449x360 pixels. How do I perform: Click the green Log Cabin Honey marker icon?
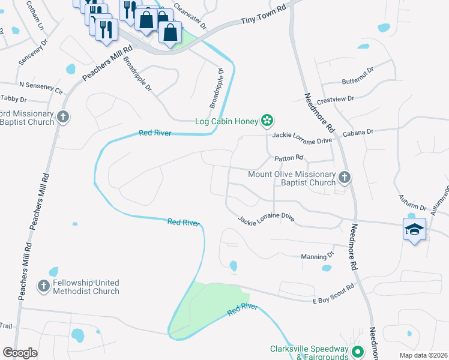click(268, 121)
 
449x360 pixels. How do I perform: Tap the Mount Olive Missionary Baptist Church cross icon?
click(344, 178)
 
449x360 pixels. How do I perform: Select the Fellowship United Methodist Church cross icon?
click(44, 287)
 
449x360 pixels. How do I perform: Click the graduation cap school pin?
click(414, 230)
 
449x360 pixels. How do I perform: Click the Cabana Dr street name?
click(358, 131)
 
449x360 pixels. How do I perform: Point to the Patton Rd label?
click(289, 158)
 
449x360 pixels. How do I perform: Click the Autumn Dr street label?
click(412, 202)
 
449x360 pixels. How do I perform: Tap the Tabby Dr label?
click(14, 98)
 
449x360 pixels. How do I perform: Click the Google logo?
click(20, 352)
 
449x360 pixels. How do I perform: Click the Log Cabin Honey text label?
click(227, 121)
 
